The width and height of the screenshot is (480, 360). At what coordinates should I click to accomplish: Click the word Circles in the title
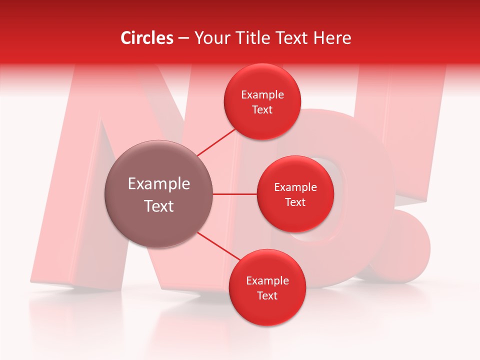click(147, 38)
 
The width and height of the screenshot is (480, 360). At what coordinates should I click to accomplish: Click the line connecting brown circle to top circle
click(216, 141)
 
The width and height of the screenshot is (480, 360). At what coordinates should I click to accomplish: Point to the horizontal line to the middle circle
click(235, 194)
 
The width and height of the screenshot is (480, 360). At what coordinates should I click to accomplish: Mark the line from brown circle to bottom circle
click(218, 247)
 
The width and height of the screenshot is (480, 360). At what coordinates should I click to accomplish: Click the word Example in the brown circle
click(159, 184)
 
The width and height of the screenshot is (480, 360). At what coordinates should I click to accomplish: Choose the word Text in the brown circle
click(159, 206)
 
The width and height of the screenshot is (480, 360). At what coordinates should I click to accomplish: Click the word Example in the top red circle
click(262, 95)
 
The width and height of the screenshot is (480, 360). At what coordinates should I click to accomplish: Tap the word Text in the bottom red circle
click(267, 295)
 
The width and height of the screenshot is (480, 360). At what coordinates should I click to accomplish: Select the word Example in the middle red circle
click(295, 187)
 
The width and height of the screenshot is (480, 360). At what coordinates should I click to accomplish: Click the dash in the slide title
click(183, 38)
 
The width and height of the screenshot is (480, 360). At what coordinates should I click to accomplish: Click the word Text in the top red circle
click(262, 110)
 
